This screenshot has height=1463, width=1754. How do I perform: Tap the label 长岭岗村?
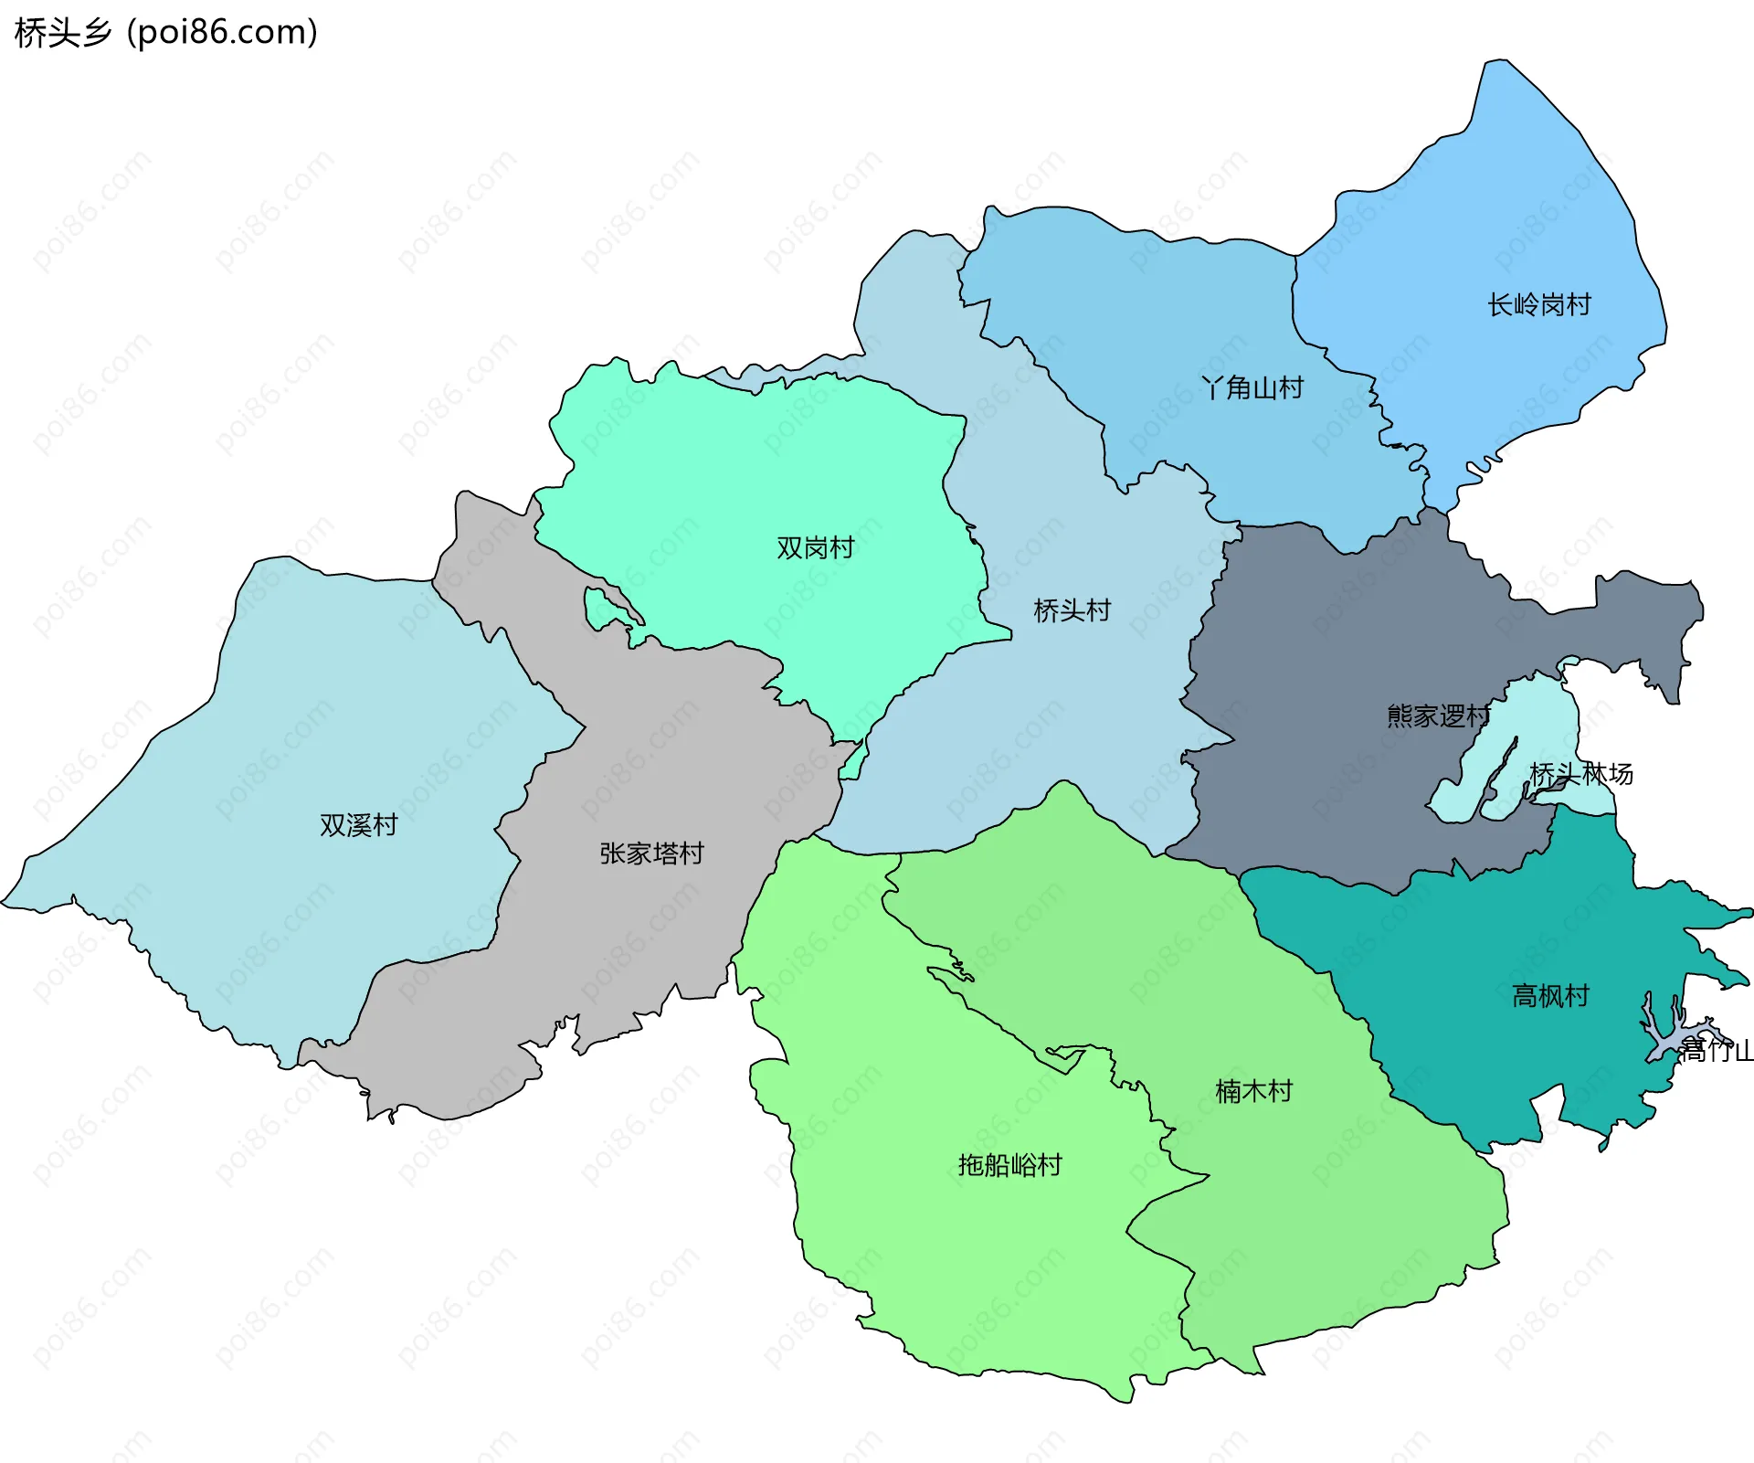point(1539,304)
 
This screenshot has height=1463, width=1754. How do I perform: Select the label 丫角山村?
point(1252,387)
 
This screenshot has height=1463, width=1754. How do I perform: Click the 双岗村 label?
point(815,547)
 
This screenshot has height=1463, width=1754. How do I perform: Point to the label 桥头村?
point(1072,610)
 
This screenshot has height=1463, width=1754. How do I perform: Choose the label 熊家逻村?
point(1438,716)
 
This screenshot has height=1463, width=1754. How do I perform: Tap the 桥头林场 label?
point(1581,774)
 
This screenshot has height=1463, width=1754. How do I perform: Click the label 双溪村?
point(358,825)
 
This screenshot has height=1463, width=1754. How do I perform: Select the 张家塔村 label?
point(651,853)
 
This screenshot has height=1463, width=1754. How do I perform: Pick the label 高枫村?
point(1550,995)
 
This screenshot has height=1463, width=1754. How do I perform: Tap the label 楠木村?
point(1253,1091)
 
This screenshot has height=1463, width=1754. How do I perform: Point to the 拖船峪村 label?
point(1009,1165)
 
